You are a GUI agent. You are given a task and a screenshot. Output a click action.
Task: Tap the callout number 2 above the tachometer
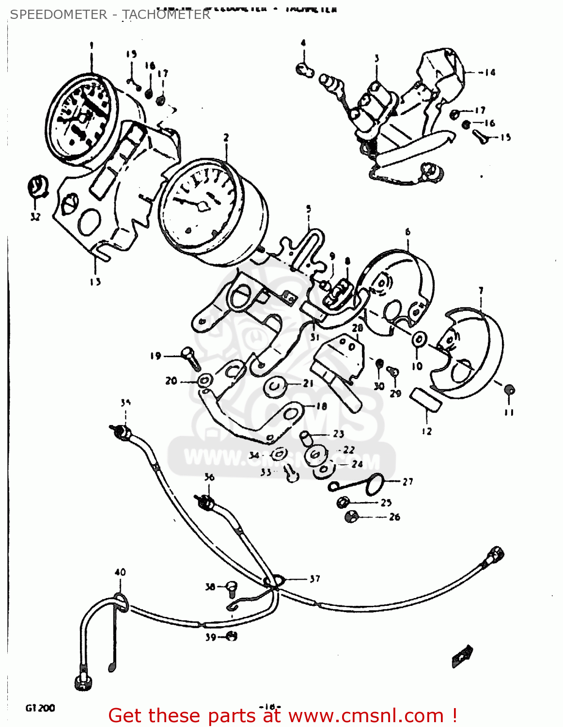tap(226, 138)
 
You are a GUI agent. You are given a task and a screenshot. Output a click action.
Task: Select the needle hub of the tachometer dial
tap(203, 207)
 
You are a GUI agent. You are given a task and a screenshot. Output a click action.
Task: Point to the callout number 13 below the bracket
tap(95, 282)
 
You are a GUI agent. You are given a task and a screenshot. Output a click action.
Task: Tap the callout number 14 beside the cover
tap(490, 73)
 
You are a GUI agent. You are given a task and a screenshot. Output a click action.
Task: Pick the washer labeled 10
tap(419, 340)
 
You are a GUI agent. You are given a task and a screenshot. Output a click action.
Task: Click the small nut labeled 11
tap(509, 390)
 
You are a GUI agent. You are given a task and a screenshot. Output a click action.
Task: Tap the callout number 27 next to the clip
tap(408, 481)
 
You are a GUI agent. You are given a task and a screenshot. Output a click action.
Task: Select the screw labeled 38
tap(232, 587)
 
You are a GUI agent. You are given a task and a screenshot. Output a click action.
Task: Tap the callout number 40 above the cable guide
tap(120, 572)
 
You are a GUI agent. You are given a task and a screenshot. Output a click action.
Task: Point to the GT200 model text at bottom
tap(40, 708)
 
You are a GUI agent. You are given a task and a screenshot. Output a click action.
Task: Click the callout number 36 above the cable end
tap(209, 477)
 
